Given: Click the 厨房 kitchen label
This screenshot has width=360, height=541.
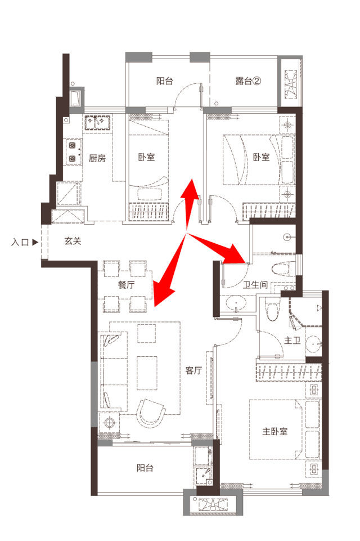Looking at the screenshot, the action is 97,158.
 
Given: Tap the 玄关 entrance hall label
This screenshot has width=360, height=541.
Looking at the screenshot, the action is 73,241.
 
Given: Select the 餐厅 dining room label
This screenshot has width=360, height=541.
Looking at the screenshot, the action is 126,285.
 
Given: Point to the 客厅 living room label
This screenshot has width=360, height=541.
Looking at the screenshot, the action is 193,370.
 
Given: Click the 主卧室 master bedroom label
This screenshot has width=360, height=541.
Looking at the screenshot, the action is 275,431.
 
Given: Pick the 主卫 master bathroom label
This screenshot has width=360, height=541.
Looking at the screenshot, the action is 292,341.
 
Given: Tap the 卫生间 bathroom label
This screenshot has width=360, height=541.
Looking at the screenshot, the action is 255,285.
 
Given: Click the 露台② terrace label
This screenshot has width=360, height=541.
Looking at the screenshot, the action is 248,81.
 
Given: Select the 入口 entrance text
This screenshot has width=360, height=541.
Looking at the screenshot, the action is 20,242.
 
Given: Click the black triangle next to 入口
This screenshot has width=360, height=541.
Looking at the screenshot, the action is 35,242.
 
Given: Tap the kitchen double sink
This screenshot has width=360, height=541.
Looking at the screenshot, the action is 97,123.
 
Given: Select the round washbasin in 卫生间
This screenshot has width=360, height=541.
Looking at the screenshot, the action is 237,303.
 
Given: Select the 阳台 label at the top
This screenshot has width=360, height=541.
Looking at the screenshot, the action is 164,81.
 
